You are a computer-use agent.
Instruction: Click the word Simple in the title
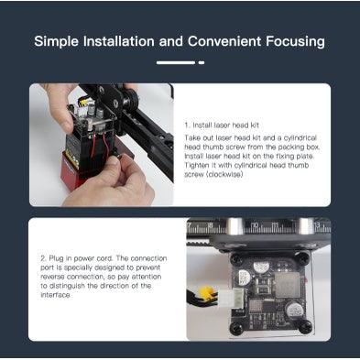pos(56,41)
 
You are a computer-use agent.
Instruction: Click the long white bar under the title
pos(176,62)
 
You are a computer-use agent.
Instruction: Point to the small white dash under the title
pos(202,62)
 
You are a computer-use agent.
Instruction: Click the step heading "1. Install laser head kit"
pos(222,125)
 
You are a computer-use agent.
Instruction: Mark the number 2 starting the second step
pos(43,258)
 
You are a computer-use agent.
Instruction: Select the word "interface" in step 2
pos(55,295)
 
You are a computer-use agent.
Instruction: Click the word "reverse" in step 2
pos(52,277)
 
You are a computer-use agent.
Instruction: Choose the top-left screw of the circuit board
pos(237,259)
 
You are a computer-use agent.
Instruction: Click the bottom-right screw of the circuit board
pos(304,327)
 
